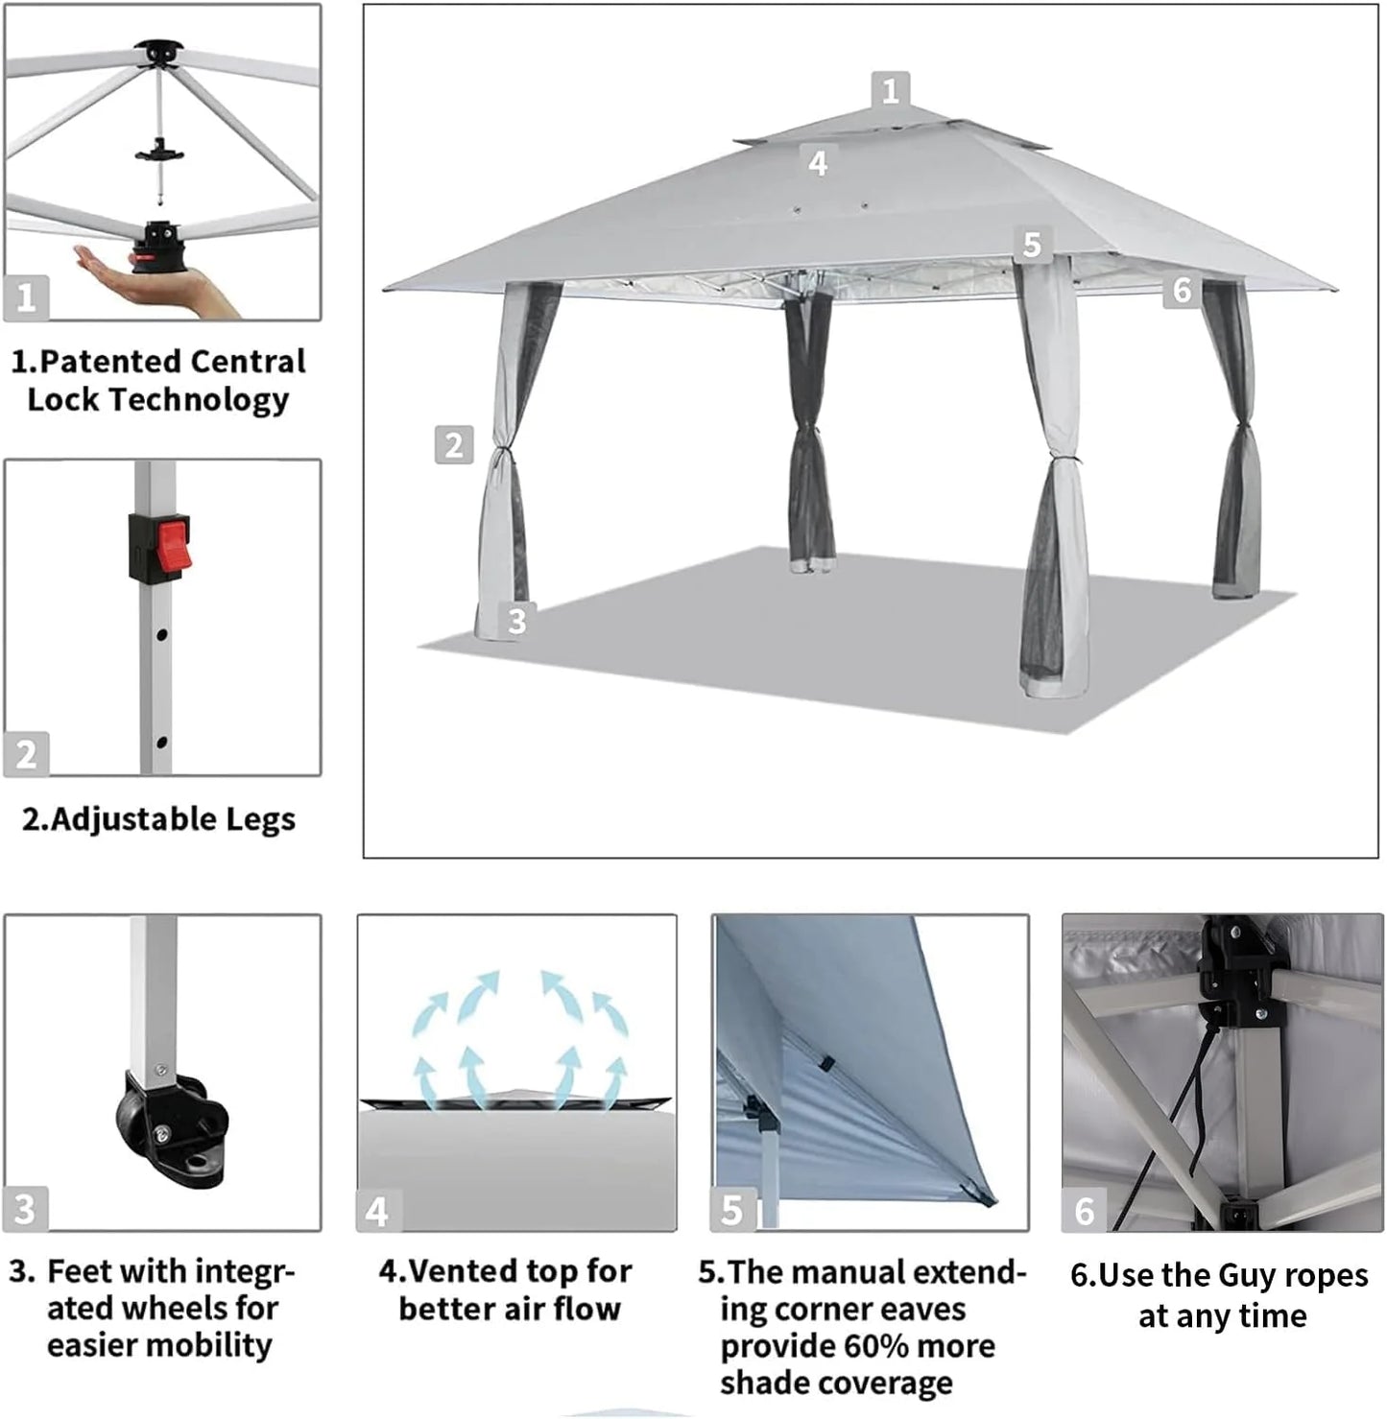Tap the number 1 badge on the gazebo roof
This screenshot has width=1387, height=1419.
click(891, 90)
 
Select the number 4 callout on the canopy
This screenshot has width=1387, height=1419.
click(818, 163)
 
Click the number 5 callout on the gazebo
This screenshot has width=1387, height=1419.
click(1032, 245)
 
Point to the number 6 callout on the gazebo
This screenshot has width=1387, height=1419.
click(1183, 290)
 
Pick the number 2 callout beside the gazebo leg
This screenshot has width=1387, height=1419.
click(454, 445)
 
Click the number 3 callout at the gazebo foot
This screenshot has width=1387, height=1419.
click(517, 621)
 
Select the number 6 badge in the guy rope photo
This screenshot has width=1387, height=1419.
click(1085, 1211)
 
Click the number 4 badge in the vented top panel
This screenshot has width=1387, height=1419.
click(377, 1212)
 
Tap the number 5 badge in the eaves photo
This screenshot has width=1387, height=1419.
click(732, 1211)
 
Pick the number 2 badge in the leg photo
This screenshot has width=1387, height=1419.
click(26, 754)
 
